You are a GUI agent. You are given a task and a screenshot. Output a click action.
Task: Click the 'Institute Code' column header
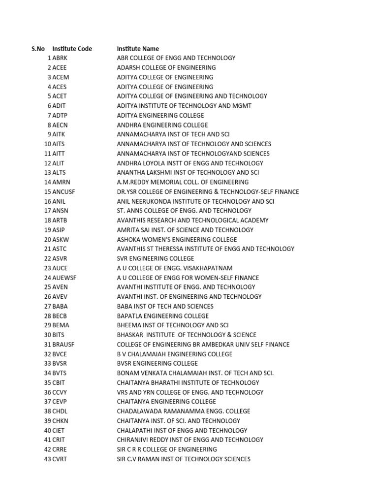point(72,49)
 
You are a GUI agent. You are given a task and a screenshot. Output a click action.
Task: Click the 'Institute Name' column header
point(138,49)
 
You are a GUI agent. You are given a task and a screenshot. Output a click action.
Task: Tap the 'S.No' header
point(38,49)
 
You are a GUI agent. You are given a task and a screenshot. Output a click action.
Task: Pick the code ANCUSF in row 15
point(64,192)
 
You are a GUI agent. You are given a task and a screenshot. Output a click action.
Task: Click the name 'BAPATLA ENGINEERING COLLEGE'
point(162,316)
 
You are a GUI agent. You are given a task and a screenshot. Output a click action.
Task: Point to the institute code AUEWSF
point(64,278)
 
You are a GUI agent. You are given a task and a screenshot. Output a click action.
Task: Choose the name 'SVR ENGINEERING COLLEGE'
point(155,258)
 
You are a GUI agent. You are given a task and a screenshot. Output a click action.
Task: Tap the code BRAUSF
point(64,345)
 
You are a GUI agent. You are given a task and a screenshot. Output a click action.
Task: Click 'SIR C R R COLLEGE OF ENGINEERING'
point(166,449)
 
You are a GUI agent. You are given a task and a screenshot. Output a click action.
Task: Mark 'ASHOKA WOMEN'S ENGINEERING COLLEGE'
point(177,240)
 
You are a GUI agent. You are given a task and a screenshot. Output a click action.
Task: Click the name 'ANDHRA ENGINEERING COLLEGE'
point(162,125)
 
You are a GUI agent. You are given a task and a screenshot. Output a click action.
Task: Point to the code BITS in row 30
point(59,335)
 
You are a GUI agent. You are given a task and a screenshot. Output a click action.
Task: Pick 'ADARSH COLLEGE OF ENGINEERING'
point(166,67)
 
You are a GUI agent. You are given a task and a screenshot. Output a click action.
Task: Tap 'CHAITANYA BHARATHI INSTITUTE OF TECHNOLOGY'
point(188,382)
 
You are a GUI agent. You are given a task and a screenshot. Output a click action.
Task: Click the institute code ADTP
point(60,116)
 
